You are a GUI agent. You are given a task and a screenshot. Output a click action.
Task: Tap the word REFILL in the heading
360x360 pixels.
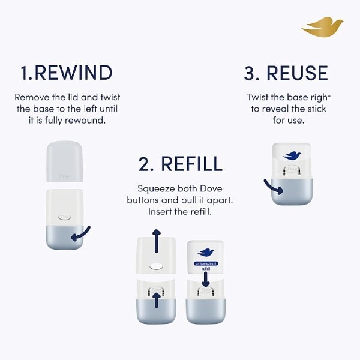(190, 163)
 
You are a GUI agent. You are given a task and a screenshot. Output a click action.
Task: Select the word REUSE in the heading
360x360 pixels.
(298, 73)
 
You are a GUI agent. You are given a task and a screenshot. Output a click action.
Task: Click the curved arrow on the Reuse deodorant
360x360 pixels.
(275, 187)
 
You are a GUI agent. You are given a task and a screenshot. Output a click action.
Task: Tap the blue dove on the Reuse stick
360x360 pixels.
(291, 155)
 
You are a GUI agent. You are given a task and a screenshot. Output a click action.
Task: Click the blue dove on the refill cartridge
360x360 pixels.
(206, 252)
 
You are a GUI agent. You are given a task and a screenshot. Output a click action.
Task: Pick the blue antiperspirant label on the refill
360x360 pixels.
(206, 263)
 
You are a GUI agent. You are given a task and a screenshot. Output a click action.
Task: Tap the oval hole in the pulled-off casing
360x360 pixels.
(157, 264)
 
